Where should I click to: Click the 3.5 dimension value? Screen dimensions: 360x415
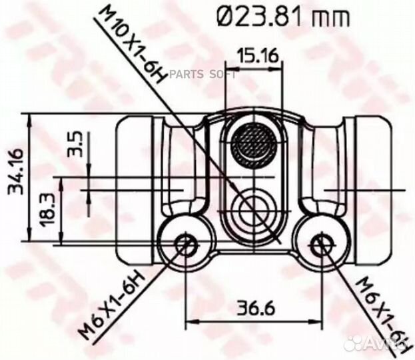coord(74,145)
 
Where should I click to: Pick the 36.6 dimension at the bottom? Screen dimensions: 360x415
coord(252,309)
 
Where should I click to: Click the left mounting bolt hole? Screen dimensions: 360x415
coord(185,245)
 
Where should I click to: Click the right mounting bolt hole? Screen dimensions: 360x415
coord(321,245)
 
